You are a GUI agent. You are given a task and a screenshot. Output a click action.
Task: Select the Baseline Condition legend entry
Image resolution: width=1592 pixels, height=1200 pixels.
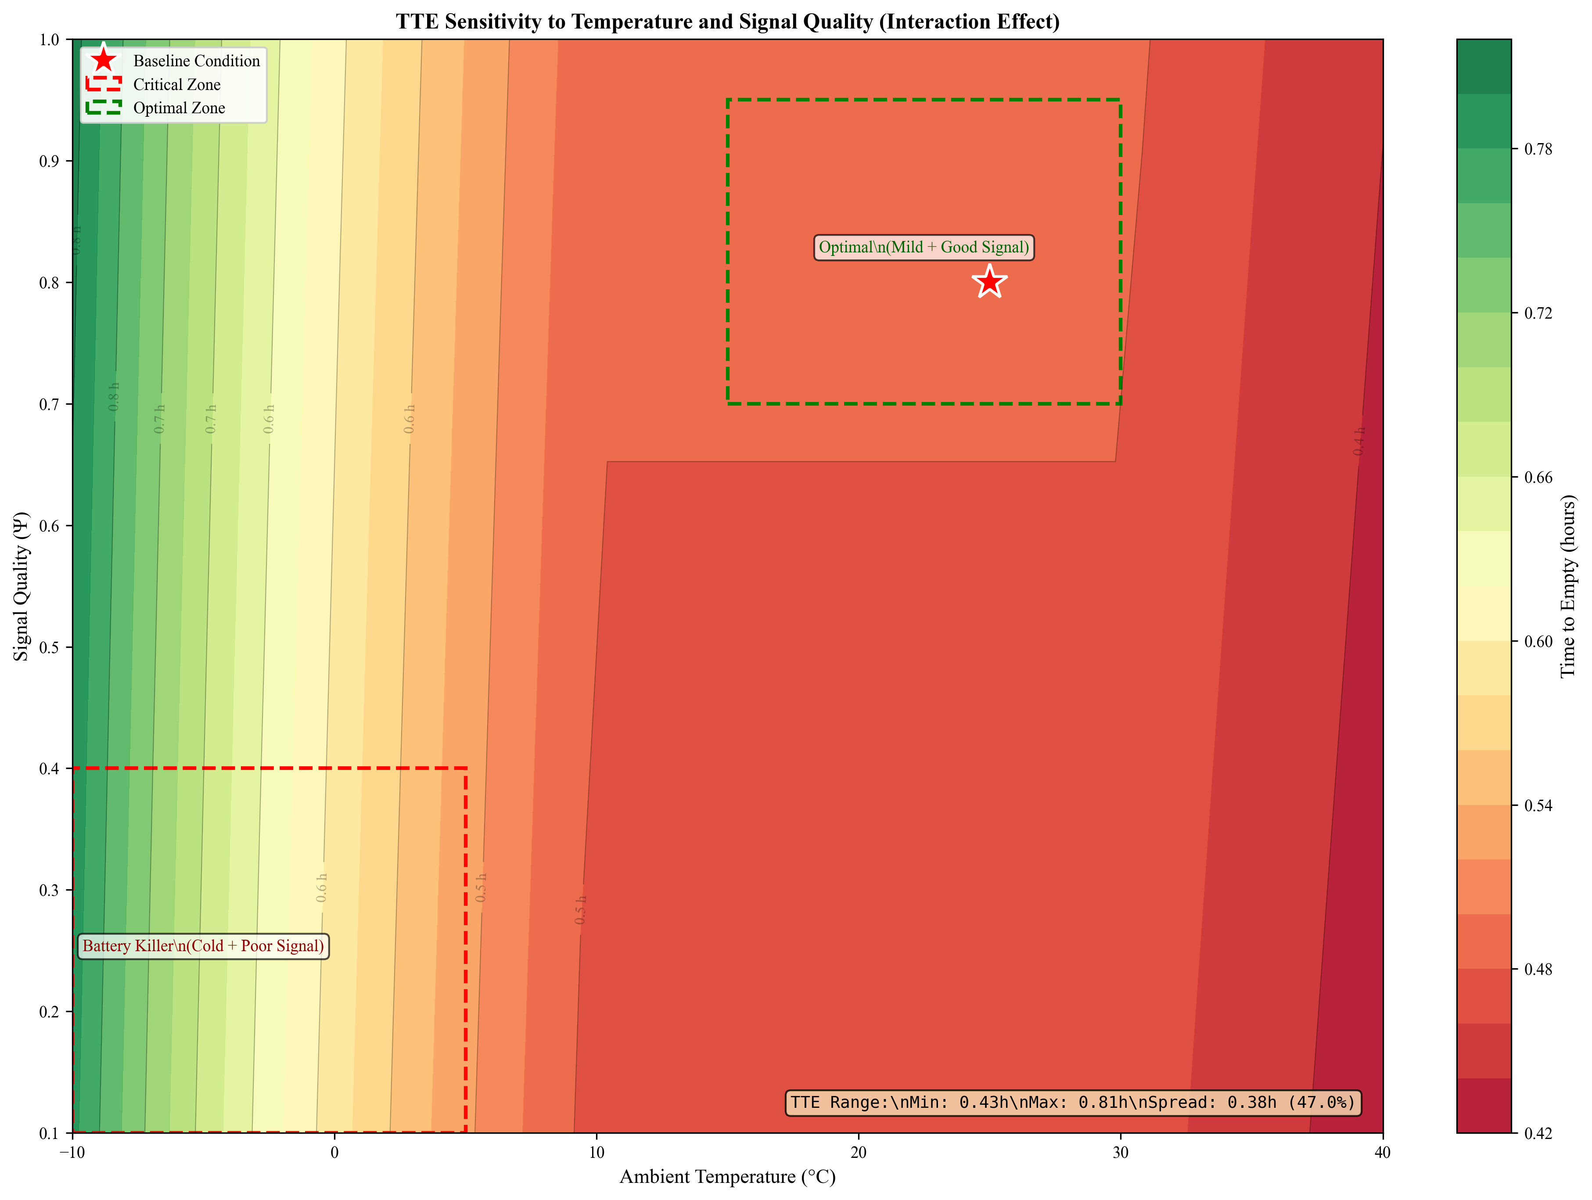point(196,61)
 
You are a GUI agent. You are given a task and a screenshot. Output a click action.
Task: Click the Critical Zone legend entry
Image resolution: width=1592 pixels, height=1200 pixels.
point(176,85)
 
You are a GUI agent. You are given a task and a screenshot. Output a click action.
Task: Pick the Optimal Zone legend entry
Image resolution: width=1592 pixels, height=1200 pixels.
point(179,108)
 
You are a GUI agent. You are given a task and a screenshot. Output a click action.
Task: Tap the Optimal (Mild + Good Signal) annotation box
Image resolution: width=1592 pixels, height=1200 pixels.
point(924,248)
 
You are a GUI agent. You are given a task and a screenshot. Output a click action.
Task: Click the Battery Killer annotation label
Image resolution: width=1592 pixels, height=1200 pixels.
point(203,946)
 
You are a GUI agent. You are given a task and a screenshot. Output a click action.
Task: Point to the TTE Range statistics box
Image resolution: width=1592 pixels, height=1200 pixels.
point(1072,1102)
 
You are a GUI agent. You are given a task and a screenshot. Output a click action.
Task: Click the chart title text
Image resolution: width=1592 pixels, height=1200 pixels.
point(727,22)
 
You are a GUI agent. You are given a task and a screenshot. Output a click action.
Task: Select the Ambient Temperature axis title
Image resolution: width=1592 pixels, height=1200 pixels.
point(727,1176)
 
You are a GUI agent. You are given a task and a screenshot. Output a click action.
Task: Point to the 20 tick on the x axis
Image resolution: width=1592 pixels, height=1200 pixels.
point(859,1152)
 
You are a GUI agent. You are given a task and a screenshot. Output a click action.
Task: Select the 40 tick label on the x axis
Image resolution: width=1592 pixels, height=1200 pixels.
point(1382,1152)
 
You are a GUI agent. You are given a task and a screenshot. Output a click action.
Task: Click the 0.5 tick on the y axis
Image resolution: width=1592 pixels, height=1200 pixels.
point(49,647)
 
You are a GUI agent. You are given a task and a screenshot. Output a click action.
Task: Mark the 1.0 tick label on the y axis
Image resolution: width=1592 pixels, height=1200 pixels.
point(49,40)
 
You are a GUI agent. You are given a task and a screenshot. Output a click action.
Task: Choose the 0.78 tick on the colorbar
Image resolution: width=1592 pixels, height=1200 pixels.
point(1538,149)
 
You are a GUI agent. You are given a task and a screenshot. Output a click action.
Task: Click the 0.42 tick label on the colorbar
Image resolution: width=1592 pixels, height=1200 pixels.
point(1538,1133)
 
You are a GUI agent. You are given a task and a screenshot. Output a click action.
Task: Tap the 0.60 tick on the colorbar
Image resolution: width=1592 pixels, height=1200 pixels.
point(1538,641)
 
